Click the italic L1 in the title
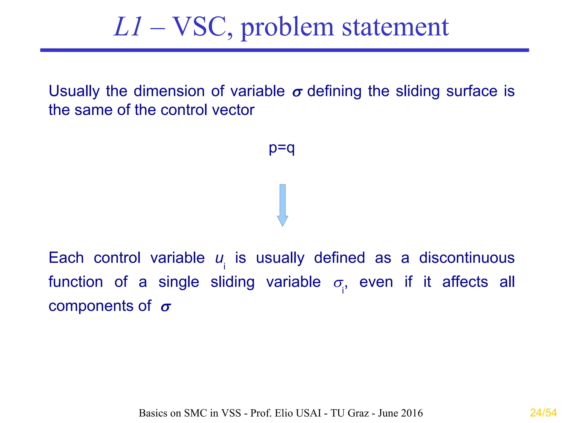128,27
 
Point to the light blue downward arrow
282,205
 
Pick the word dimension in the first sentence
169,91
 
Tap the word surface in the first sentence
471,91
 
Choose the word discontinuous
467,258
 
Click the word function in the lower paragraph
76,282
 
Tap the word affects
465,282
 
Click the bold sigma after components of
166,307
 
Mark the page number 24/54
543,413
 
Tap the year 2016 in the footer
412,413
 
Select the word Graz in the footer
358,413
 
